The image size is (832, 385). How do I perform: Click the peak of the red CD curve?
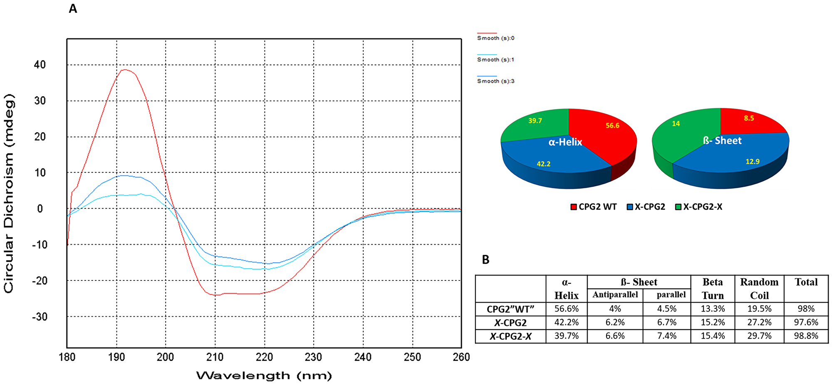point(124,70)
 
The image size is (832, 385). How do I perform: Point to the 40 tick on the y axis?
point(40,65)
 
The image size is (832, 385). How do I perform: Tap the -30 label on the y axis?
point(40,317)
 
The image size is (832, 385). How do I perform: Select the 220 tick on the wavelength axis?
point(264,357)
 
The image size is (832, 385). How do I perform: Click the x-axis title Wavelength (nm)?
point(264,376)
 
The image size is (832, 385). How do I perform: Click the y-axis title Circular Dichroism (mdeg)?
point(9,193)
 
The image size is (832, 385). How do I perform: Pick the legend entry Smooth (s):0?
point(495,38)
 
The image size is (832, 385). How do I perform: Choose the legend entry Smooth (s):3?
point(495,81)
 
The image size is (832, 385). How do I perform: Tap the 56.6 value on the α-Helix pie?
point(612,125)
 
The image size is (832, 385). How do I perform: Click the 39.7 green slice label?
point(535,121)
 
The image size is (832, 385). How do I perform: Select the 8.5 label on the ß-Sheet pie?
point(749,118)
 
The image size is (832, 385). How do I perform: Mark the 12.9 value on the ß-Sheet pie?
point(753,162)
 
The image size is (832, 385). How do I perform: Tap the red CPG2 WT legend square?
point(574,207)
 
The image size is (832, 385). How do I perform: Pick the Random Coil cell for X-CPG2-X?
point(759,336)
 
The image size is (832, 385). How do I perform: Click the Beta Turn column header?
point(713,288)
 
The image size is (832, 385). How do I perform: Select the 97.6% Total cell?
point(806,322)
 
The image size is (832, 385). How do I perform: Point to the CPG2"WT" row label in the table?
point(510,309)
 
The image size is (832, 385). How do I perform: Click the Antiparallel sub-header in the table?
point(615,295)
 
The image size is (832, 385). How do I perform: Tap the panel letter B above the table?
point(485,260)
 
